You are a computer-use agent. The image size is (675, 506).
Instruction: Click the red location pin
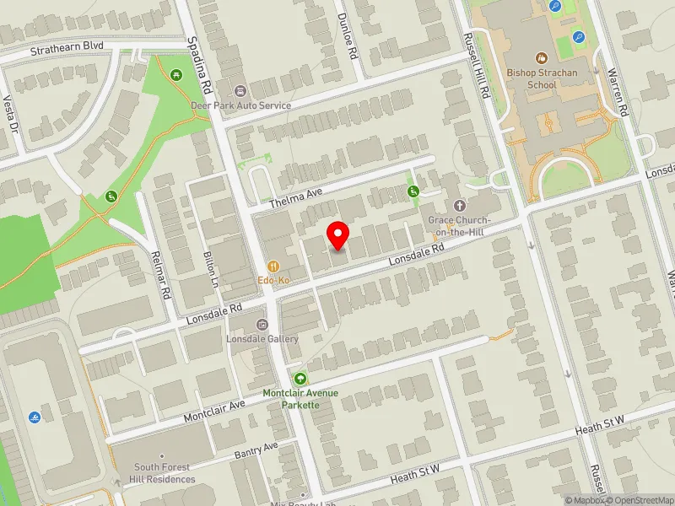point(338,235)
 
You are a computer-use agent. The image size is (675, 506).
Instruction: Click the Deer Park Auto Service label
point(240,105)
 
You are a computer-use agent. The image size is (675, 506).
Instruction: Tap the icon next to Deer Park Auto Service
point(240,90)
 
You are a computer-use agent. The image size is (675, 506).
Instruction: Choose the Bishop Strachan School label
point(543,78)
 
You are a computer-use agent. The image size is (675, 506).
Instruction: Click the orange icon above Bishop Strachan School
point(542,58)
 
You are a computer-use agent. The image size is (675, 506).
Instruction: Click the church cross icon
point(460,205)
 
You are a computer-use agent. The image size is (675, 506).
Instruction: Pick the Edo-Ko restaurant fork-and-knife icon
point(273,264)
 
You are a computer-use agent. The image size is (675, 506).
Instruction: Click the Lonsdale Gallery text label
point(262,339)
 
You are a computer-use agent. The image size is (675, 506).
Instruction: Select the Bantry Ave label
point(258,450)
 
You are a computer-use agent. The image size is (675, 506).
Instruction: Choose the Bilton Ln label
point(211,267)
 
